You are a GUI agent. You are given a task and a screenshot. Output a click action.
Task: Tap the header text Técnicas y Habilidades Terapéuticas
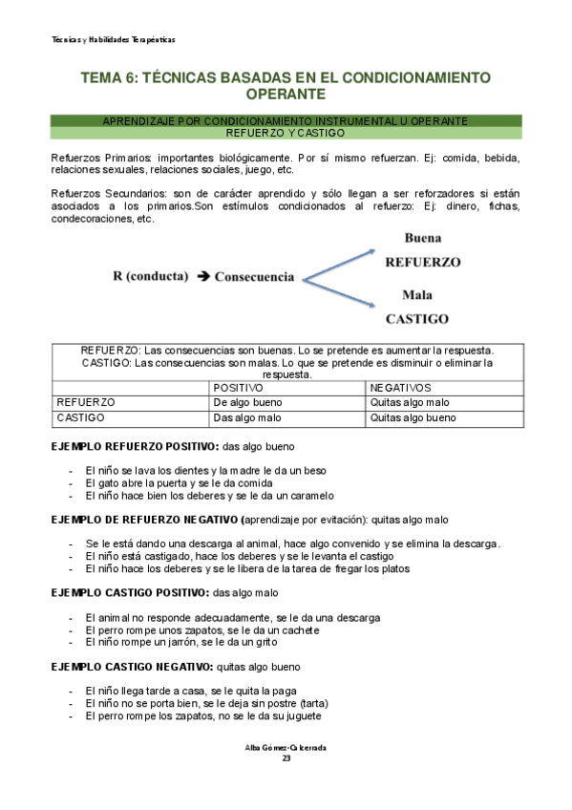click(113, 39)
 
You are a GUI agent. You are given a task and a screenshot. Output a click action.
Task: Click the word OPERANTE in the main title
click(286, 95)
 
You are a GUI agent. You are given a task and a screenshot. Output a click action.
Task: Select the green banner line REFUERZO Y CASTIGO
click(286, 133)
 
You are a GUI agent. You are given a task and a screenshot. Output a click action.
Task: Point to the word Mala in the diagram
click(417, 294)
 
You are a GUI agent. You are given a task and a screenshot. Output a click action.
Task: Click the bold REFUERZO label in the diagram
click(422, 261)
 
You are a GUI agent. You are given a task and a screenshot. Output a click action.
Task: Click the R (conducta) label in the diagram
click(152, 276)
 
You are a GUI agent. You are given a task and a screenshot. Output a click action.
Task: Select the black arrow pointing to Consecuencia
click(203, 276)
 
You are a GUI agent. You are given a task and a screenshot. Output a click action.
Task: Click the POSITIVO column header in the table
click(240, 388)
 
